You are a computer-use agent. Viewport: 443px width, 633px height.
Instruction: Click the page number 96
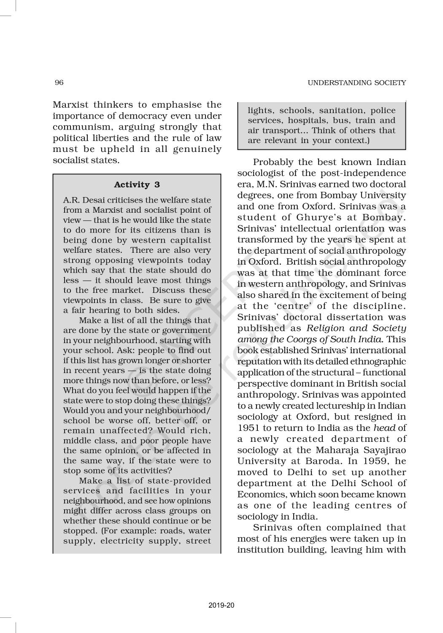pos(59,83)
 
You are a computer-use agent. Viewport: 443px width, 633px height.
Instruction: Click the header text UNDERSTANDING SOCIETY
pos(357,83)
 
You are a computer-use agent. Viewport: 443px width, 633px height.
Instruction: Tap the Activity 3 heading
pos(137,184)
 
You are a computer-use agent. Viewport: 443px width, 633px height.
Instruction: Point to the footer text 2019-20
pos(221,606)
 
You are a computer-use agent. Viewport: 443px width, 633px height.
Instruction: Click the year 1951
pos(247,428)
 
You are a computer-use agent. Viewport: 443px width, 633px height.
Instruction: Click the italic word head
pos(384,428)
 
